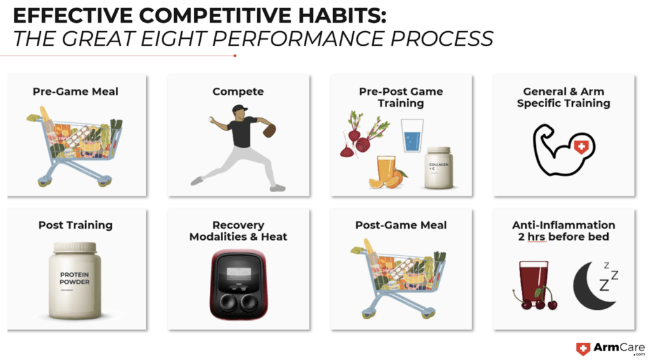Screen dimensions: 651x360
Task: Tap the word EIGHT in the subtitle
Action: pos(173,39)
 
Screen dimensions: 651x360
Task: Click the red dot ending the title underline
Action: pos(235,55)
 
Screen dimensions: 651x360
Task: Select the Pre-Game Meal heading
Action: pos(76,92)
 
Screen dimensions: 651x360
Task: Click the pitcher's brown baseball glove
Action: pos(269,131)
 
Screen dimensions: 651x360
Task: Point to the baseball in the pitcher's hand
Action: pos(210,119)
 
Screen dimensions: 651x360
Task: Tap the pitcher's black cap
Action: pos(239,109)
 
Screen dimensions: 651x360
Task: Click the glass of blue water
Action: pos(412,135)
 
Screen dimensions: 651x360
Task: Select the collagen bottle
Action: pos(438,167)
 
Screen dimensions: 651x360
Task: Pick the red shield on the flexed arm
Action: pos(581,146)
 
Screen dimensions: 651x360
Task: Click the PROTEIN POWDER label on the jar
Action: pos(74,278)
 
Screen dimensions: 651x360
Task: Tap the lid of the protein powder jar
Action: pos(75,248)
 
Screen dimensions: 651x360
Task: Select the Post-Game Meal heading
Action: pos(401,225)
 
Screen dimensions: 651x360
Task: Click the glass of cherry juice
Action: pos(534,282)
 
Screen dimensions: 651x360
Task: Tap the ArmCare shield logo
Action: pos(583,349)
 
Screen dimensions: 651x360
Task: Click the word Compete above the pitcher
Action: pos(238,92)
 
